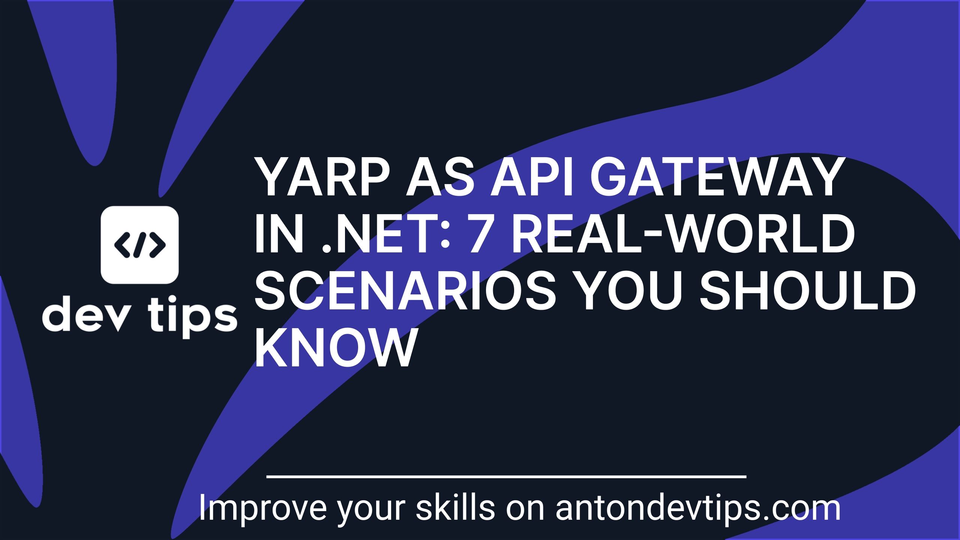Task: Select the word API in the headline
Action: [532, 177]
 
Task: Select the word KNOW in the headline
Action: [336, 348]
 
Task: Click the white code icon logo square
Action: [139, 244]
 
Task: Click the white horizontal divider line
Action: [506, 477]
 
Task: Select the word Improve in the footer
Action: [263, 508]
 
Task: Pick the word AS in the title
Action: [441, 177]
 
